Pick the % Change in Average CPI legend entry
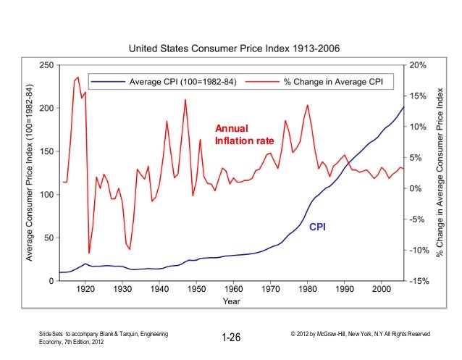coord(333,80)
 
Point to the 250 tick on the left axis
coord(46,65)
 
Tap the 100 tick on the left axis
coord(46,195)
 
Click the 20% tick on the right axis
coord(419,65)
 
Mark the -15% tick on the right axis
coord(419,281)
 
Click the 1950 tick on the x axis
coord(196,288)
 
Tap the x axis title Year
coord(232,300)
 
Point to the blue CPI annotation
coord(318,227)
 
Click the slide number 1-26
coord(231,338)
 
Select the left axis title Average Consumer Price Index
coord(30,172)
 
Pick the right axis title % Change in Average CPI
coord(440,172)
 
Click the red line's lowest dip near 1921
coord(89,253)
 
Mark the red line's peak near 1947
coord(185,100)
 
